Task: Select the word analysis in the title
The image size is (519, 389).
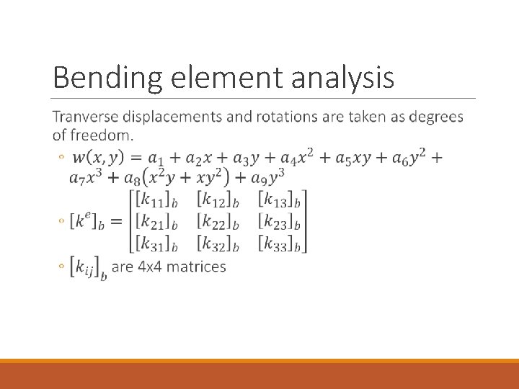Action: (342, 78)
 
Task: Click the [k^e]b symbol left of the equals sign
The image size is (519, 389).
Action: (86, 222)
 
